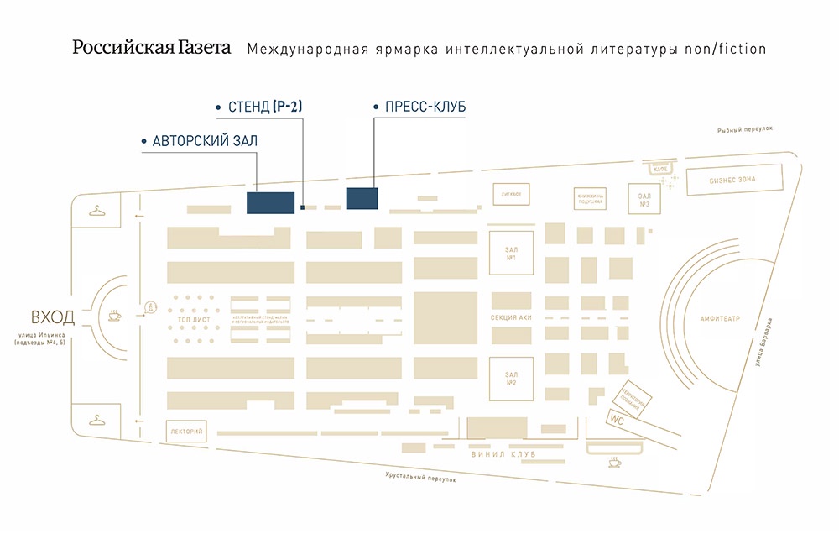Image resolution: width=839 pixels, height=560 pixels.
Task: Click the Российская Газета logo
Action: pos(151,48)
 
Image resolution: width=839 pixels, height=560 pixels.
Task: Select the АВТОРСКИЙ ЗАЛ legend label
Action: pos(205,141)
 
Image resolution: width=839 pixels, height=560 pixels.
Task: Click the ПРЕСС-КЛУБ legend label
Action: pos(425,107)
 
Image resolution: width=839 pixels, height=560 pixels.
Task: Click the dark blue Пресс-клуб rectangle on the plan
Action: pos(362,198)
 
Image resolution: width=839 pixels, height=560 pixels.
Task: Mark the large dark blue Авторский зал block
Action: pos(270,202)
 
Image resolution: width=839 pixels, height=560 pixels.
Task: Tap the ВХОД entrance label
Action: pos(52,317)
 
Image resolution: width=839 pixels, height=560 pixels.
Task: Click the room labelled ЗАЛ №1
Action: pos(510,253)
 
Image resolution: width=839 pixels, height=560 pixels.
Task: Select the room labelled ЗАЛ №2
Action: pos(510,379)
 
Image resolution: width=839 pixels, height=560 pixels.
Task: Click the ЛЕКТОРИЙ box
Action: pos(186,432)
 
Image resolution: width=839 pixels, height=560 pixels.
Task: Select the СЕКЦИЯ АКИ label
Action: pos(510,319)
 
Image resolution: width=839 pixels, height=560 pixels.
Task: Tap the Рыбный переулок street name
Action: pos(744,130)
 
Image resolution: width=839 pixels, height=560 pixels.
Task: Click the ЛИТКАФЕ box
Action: pos(512,194)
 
